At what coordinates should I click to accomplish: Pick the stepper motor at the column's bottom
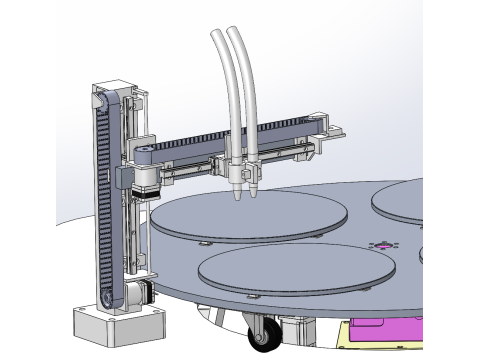[138, 294]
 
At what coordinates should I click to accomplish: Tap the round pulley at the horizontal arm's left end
[145, 152]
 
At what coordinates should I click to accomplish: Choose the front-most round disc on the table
[294, 269]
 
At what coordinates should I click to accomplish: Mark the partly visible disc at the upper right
[400, 200]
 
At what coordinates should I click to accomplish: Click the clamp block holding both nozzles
[244, 172]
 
